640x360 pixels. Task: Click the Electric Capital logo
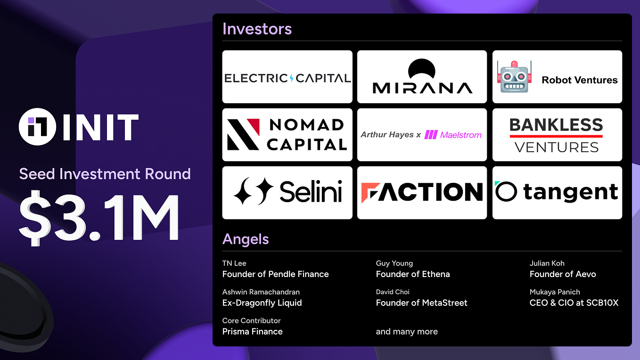coord(287,77)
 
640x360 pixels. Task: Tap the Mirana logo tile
coord(422,77)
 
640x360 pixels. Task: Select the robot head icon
coord(514,77)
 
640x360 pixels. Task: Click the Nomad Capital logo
coord(287,135)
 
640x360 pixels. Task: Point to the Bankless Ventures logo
coord(557,135)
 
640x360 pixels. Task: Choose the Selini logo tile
coord(287,192)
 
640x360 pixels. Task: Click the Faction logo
coord(422,192)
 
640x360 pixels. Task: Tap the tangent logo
coord(557,192)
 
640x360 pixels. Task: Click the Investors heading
coord(257,29)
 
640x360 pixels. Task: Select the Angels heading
coord(246,239)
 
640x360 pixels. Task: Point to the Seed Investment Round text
coord(105,174)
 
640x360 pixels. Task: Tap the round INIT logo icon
coord(38,128)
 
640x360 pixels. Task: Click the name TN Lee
coord(234,263)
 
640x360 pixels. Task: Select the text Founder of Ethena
coord(413,274)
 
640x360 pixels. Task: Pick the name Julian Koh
coord(547,263)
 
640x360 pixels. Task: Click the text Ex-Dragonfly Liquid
coord(262,303)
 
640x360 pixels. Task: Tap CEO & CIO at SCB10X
coord(574,303)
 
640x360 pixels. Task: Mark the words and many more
coord(407,332)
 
